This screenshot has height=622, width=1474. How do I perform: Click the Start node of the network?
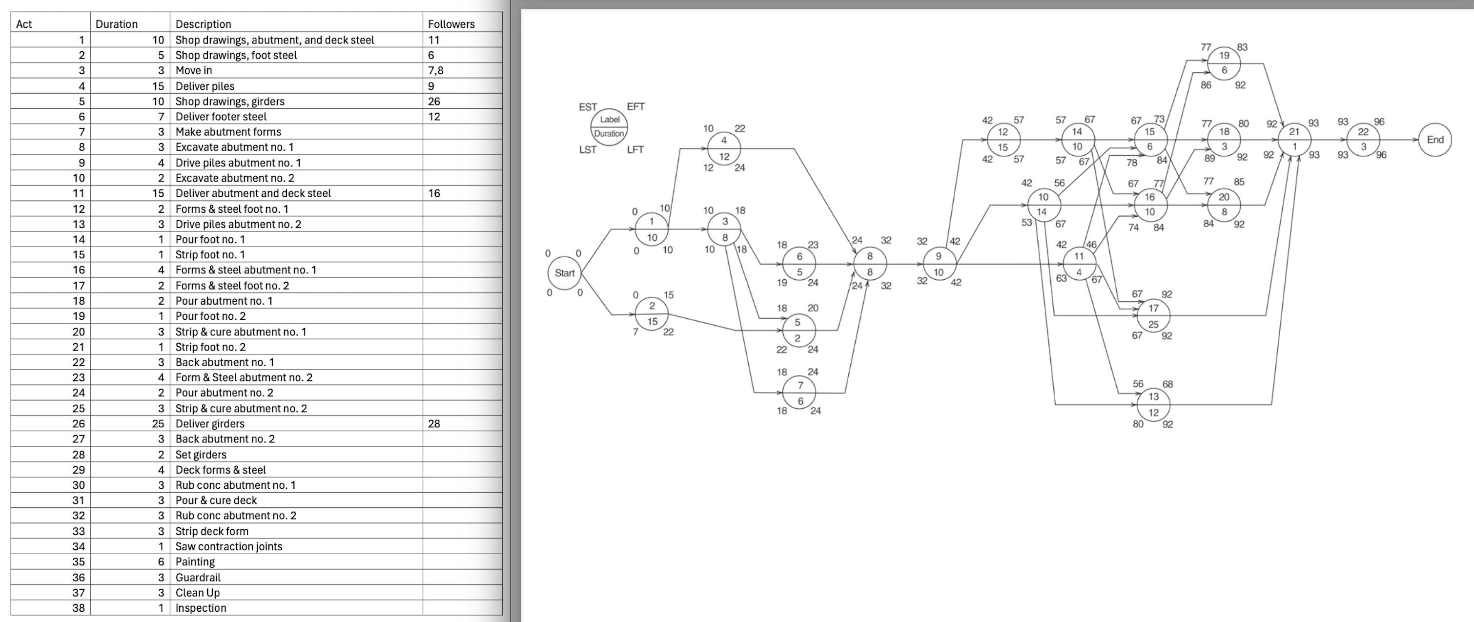pyautogui.click(x=564, y=273)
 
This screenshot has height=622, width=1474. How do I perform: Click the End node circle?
pyautogui.click(x=1434, y=140)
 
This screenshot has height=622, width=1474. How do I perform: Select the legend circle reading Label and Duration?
pyautogui.click(x=609, y=127)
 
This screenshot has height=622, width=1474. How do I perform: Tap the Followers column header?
pyautogui.click(x=451, y=24)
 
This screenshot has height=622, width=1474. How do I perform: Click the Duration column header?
pyautogui.click(x=116, y=24)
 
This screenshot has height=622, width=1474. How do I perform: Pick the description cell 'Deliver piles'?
pyautogui.click(x=205, y=86)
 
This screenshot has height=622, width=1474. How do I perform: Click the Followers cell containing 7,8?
pyautogui.click(x=435, y=70)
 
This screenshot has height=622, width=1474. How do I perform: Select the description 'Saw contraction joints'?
pyautogui.click(x=229, y=546)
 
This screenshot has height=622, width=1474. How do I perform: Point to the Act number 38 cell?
pyautogui.click(x=79, y=608)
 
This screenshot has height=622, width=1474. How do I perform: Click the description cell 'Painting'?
pyautogui.click(x=195, y=562)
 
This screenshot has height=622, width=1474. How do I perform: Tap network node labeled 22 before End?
pyautogui.click(x=1363, y=139)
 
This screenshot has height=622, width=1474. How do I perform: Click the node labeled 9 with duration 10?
pyautogui.click(x=939, y=264)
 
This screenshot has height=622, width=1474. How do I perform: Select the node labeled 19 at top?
pyautogui.click(x=1224, y=63)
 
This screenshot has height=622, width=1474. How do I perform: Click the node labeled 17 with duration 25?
pyautogui.click(x=1153, y=316)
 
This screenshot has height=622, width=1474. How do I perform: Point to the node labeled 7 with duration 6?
pyautogui.click(x=799, y=393)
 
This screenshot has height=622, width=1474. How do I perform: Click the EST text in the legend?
pyautogui.click(x=588, y=107)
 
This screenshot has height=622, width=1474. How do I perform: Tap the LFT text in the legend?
pyautogui.click(x=635, y=150)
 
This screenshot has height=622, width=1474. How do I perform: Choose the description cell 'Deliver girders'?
pyautogui.click(x=209, y=423)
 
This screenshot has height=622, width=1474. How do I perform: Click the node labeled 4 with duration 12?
pyautogui.click(x=724, y=148)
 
